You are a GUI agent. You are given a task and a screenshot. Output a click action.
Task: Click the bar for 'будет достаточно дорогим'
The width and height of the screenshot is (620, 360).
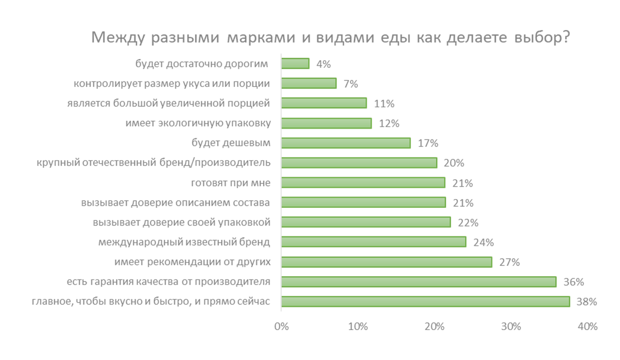[295, 63]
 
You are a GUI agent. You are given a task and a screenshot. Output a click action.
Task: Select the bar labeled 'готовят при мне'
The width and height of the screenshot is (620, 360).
[363, 183]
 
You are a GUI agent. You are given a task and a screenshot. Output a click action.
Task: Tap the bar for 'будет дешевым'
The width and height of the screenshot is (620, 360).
[346, 143]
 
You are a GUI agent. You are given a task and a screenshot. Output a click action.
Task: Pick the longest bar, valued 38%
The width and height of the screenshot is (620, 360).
[425, 301]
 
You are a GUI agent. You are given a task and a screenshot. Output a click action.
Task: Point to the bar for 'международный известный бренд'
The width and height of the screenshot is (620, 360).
[374, 242]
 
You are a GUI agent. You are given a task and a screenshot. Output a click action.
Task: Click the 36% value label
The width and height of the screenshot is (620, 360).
[574, 282]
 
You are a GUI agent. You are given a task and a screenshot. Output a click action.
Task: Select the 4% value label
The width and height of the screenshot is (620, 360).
[323, 64]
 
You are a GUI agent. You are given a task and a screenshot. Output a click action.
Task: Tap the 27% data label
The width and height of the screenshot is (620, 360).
[510, 262]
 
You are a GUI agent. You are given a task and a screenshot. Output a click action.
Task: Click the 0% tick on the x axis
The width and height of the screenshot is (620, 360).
[281, 327]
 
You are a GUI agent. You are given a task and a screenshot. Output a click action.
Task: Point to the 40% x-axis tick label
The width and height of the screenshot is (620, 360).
[587, 327]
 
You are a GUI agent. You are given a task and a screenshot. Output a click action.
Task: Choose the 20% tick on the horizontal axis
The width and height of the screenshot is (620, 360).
[434, 327]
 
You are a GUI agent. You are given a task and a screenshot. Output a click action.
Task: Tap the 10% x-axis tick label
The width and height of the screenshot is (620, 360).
[358, 327]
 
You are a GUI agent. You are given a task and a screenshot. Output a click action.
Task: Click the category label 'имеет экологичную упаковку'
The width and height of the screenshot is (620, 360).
[198, 123]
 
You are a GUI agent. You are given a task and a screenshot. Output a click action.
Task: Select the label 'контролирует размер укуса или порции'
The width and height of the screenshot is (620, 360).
[172, 83]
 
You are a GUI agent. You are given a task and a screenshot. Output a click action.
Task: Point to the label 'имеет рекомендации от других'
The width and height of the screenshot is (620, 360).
[193, 262]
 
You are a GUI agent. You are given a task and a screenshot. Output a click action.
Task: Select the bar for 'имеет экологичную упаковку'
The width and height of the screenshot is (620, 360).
[326, 123]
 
